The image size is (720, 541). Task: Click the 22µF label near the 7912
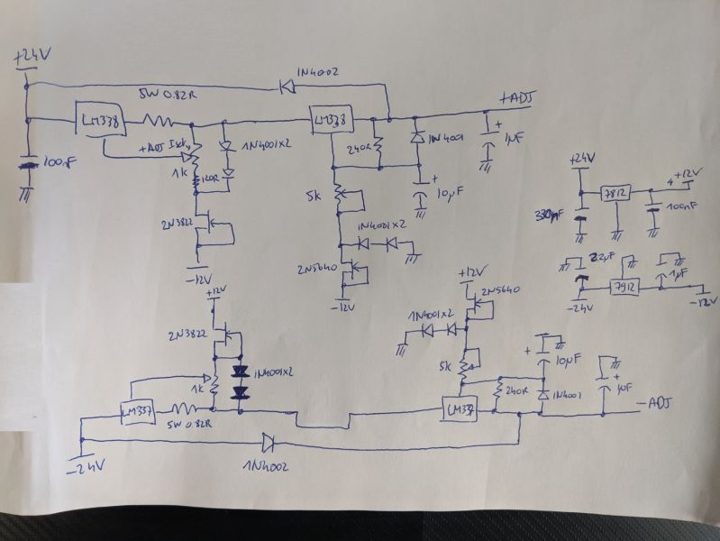tap(593, 259)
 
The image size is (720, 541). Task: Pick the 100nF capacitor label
tap(682, 207)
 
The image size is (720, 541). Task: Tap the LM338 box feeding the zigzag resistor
tap(100, 121)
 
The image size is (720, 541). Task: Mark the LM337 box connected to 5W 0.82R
tap(140, 412)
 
